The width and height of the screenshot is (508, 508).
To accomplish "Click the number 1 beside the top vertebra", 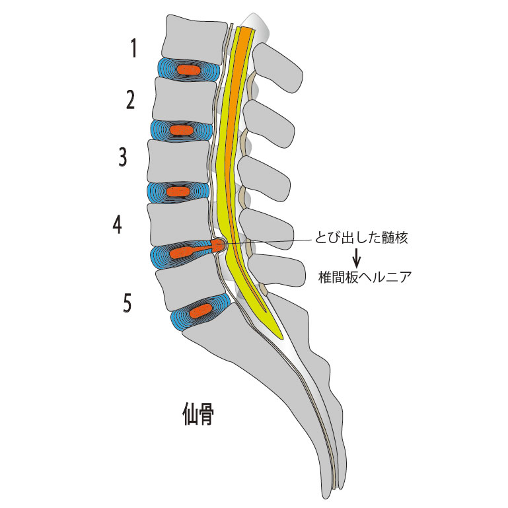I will coord(134,48).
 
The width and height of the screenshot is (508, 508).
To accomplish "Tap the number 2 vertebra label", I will coord(131,100).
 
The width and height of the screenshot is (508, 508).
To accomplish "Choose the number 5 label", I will coord(127,303).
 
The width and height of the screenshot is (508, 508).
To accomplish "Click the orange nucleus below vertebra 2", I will coord(180,130).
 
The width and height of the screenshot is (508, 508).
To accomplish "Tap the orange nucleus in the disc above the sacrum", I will coord(200,311).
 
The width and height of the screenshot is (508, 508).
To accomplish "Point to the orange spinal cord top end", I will coord(246,31).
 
